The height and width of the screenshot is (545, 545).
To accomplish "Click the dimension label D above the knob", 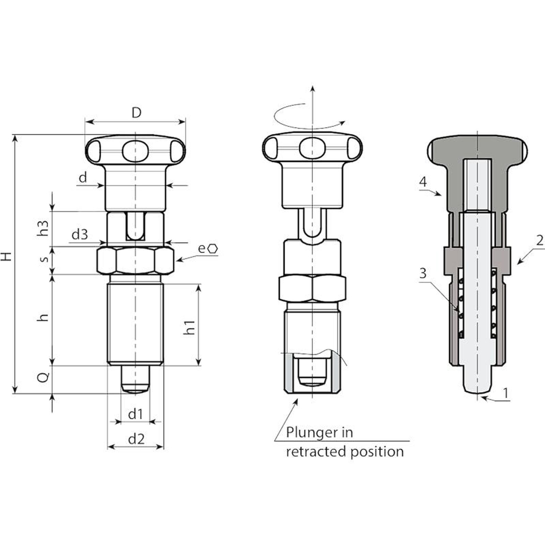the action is pyautogui.click(x=136, y=112).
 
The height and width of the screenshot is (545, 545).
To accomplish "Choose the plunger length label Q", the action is pyautogui.click(x=43, y=377).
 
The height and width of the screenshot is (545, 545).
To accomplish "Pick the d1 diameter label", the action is pyautogui.click(x=135, y=414).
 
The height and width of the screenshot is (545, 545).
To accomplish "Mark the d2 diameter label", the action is pyautogui.click(x=136, y=439).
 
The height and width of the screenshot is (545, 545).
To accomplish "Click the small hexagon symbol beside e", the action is pyautogui.click(x=213, y=249).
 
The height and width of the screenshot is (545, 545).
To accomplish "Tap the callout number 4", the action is pyautogui.click(x=423, y=182).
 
